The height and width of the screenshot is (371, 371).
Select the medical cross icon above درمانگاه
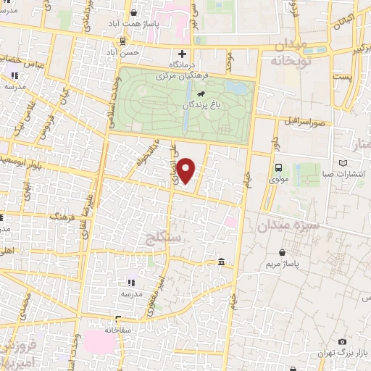(x=182, y=54)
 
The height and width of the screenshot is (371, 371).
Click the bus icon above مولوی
(x=279, y=167)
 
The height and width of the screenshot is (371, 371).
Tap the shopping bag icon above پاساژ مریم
(x=281, y=253)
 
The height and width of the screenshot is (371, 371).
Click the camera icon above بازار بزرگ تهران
(x=342, y=342)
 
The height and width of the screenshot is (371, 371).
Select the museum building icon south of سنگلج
(x=220, y=262)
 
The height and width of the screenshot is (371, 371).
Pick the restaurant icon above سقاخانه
(x=119, y=319)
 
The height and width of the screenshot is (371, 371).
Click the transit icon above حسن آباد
(x=123, y=41)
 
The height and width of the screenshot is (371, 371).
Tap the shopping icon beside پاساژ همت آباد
(x=133, y=12)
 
